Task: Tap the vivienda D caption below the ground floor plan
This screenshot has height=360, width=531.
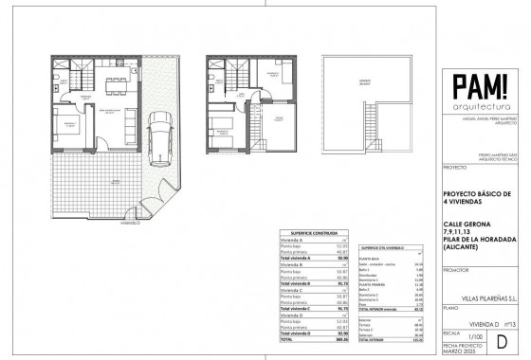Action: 144,225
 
